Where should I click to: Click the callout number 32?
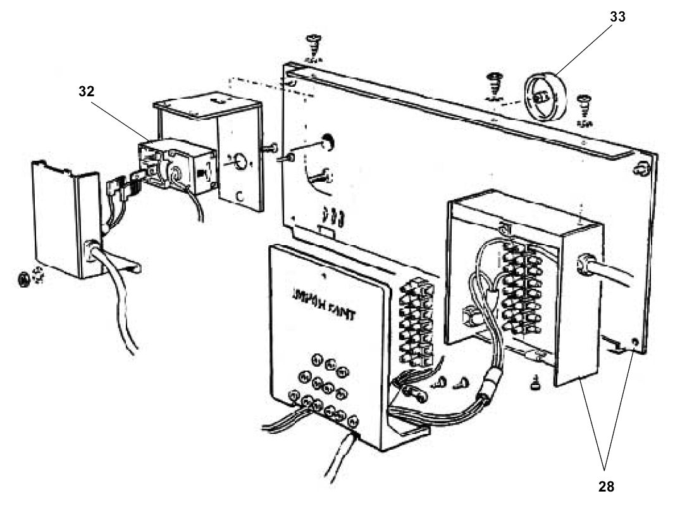coord(86,91)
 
